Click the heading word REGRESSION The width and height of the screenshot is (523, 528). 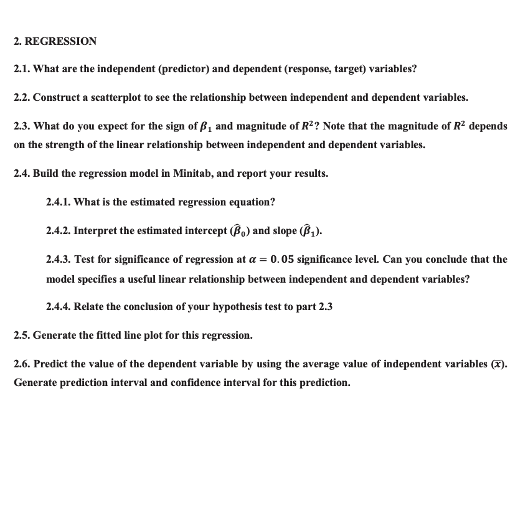tap(60, 41)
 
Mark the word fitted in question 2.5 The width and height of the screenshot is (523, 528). tap(102, 335)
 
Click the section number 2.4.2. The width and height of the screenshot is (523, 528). tap(59, 230)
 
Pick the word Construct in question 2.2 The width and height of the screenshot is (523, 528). tap(55, 97)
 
